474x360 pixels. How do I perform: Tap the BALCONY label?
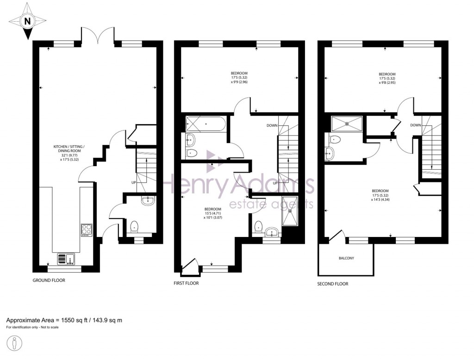click(346, 258)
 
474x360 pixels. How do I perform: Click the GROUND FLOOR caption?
click(49, 280)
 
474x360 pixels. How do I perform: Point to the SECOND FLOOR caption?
click(332, 284)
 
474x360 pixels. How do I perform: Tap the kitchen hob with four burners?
click(87, 230)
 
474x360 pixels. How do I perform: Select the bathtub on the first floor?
click(205, 124)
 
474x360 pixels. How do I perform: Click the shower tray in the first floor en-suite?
click(291, 211)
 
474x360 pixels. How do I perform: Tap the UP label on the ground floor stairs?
click(133, 182)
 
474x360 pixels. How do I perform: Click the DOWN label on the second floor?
click(415, 125)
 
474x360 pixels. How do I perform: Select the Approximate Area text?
click(64, 320)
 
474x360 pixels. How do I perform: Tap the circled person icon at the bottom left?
click(15, 344)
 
